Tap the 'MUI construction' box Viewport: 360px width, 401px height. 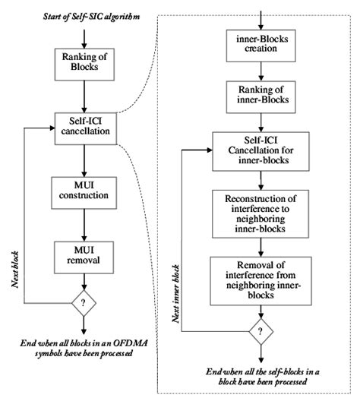pyautogui.click(x=83, y=193)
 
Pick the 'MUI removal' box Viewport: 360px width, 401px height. pyautogui.click(x=83, y=257)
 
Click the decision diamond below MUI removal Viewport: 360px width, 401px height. pyautogui.click(x=83, y=305)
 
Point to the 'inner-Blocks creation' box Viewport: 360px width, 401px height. pyautogui.click(x=261, y=45)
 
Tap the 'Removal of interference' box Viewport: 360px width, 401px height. pyautogui.click(x=261, y=278)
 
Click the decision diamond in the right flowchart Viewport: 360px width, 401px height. pyautogui.click(x=261, y=333)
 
